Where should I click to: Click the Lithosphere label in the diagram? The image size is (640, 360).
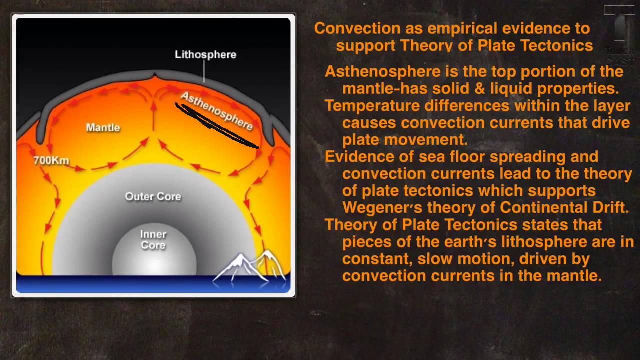pyautogui.click(x=205, y=55)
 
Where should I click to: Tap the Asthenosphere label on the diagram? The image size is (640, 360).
pyautogui.click(x=217, y=111)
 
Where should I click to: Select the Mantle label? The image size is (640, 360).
pyautogui.click(x=103, y=127)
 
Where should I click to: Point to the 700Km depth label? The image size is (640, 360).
pyautogui.click(x=51, y=160)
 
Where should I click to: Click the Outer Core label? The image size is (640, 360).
pyautogui.click(x=153, y=196)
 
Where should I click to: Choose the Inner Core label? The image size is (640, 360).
pyautogui.click(x=153, y=240)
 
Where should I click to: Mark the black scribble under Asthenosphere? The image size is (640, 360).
pyautogui.click(x=217, y=125)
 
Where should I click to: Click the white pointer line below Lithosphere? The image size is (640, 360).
pyautogui.click(x=204, y=71)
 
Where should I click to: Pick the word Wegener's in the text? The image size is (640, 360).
pyautogui.click(x=382, y=207)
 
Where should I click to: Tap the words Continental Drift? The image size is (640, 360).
pyautogui.click(x=564, y=207)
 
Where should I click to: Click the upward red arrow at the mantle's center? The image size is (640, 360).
pyautogui.click(x=153, y=116)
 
